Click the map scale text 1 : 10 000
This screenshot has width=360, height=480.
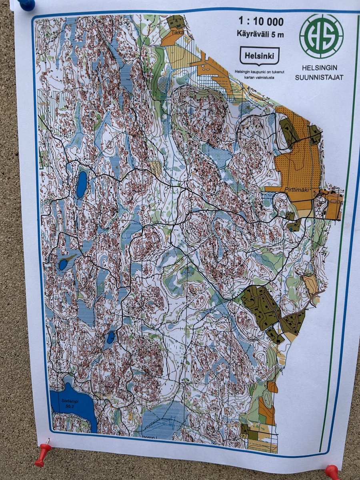coord(261,21)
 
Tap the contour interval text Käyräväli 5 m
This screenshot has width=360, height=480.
coord(261,34)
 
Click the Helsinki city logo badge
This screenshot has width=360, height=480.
coord(259,56)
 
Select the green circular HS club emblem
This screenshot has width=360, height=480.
coord(321,36)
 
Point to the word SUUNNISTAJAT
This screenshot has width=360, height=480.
coord(319,78)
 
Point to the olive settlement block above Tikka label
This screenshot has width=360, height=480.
coord(175,22)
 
